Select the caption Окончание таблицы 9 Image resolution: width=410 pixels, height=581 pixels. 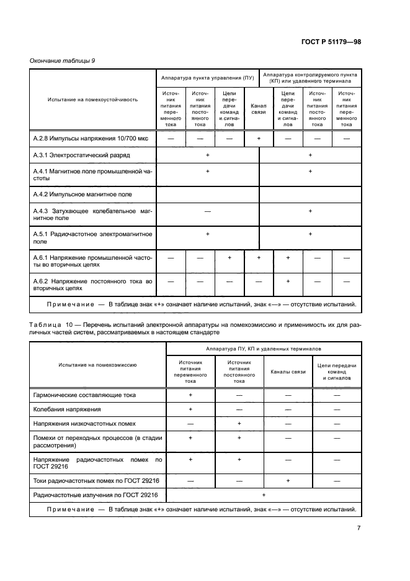point(62,60)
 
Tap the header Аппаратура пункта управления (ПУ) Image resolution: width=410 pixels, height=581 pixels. point(207,79)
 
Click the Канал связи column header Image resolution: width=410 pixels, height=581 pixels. point(258,109)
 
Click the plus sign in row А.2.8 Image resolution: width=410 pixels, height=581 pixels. point(258,139)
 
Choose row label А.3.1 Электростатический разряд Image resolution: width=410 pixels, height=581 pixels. point(81,154)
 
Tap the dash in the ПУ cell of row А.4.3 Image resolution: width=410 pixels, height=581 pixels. point(207,212)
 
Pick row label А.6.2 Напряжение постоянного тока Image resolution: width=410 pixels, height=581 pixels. point(92,285)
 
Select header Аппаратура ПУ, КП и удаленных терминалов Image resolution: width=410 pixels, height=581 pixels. point(264,350)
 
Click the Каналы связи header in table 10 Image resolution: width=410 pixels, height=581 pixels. point(287,372)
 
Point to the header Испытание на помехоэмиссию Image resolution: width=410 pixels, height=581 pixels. point(98,367)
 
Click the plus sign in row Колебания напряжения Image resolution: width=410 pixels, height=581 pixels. point(190,409)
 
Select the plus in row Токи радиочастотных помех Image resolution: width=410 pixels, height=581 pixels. point(287,481)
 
